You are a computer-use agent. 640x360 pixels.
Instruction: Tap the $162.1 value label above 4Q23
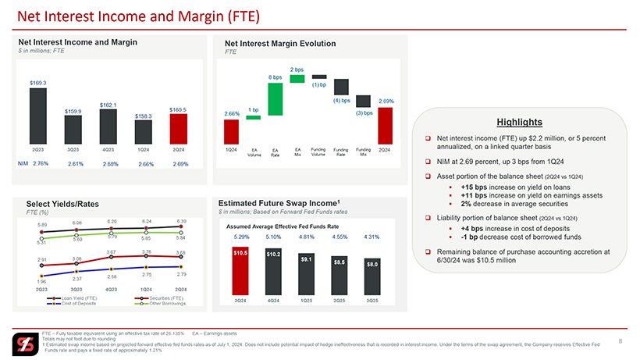click(108, 105)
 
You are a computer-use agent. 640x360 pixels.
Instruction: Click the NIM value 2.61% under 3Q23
click(76, 164)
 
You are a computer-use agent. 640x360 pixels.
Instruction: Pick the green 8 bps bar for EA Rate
click(275, 99)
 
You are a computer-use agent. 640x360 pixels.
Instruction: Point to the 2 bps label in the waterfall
click(297, 70)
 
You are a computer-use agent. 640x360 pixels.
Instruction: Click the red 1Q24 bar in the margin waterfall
click(232, 131)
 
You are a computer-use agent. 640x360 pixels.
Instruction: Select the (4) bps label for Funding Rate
click(341, 100)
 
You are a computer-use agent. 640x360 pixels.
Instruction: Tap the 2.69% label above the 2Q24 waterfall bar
click(386, 102)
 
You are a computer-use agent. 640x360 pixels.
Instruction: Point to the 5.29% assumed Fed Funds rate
click(241, 236)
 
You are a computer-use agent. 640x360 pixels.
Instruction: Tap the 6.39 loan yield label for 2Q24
click(181, 221)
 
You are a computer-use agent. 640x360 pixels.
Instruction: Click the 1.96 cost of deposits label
click(41, 282)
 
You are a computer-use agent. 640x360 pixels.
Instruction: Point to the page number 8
click(620, 340)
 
